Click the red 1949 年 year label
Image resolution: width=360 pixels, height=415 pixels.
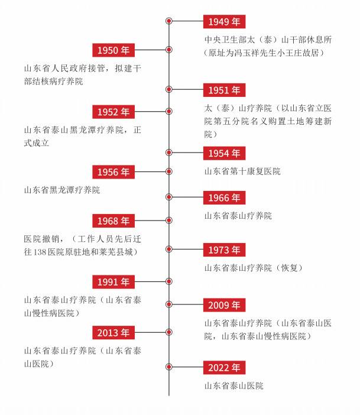point(224,22)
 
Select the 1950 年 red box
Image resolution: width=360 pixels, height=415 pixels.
point(113,50)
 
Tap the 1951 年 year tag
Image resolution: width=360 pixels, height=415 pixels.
point(224,90)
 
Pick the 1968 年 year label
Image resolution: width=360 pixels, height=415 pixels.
point(113,221)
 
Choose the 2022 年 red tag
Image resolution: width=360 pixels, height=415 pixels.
point(224,367)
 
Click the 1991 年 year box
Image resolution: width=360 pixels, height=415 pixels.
point(113,282)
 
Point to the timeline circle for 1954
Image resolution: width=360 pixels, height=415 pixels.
point(169,153)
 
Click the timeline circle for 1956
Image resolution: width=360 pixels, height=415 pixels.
point(169,171)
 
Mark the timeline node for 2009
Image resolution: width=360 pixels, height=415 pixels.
point(169,304)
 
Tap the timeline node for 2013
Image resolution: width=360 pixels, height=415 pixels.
point(169,332)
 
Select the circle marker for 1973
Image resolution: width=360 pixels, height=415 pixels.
point(169,249)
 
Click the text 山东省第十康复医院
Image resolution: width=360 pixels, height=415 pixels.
point(242,171)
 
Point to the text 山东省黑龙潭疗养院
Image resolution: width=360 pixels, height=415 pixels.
point(62,190)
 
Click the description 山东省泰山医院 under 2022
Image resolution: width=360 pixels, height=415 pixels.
point(233,385)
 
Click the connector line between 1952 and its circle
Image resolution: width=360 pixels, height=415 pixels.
point(150,111)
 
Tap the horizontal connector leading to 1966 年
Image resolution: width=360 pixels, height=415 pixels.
point(187,197)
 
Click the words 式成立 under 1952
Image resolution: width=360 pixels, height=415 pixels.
point(37,143)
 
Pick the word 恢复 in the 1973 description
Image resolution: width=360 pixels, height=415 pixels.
point(289,268)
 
